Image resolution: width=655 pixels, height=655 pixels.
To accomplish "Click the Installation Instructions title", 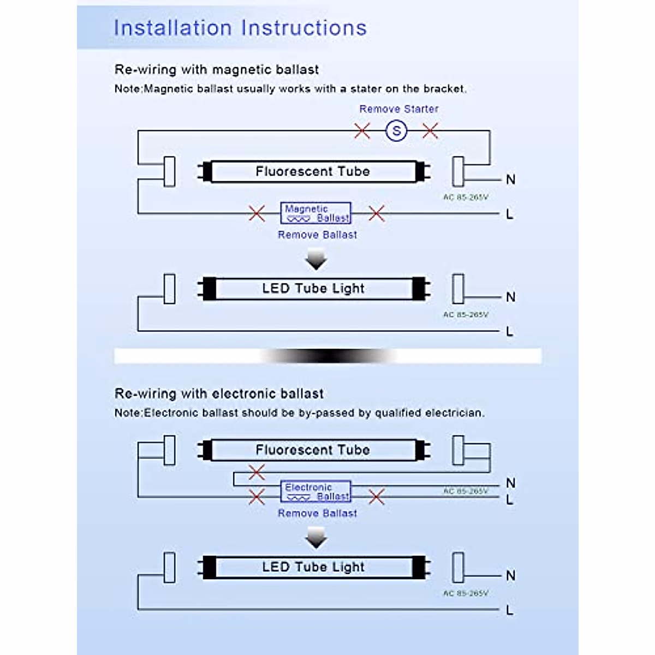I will coord(240,28).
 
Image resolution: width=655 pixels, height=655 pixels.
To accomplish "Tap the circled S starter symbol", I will coord(396,131).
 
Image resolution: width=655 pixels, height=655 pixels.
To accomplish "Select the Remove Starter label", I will coord(398,109).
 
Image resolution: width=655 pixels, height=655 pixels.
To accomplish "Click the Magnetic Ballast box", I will coord(315,213).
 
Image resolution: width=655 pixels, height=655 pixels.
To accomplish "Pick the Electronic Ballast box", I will coord(315,492).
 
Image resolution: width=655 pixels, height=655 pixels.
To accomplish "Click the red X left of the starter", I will coord(362,131).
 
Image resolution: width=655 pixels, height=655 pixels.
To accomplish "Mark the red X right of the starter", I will coord(430,131).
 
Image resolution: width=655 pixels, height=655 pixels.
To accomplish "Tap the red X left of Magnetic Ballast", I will coord(257,213).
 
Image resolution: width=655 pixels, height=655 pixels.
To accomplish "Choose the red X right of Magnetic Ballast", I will coord(377,213).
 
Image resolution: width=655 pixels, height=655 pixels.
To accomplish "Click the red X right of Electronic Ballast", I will coord(377,497).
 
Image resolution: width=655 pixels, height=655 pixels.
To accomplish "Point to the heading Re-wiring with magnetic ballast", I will coord(217,70).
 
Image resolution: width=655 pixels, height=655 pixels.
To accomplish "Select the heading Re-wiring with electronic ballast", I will coord(219,394).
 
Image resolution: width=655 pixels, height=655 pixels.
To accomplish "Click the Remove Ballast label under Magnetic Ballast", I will coord(317,235).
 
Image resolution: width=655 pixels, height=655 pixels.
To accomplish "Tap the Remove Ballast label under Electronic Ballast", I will coord(317,514).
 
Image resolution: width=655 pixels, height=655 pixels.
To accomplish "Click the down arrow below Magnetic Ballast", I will coord(316,260).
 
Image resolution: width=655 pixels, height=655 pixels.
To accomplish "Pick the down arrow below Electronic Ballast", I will coord(316,539).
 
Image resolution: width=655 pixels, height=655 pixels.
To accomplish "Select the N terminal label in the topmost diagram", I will coord(510,180).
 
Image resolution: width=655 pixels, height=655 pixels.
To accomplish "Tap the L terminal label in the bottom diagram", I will coord(509,610).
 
